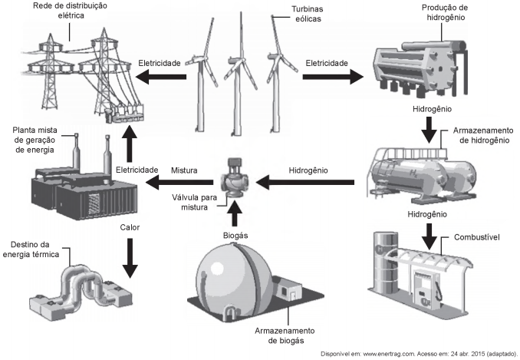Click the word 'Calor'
130,227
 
